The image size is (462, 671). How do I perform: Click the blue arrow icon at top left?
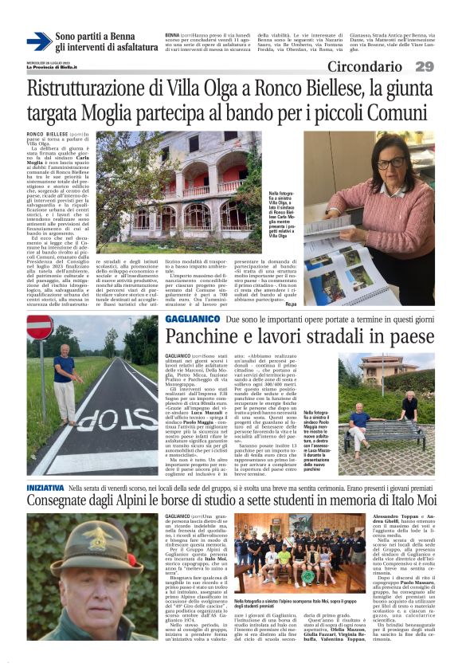[39, 41]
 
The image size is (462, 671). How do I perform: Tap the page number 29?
[446, 67]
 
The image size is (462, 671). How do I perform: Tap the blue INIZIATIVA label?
[45, 485]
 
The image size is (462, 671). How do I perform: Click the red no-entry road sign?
[40, 328]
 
